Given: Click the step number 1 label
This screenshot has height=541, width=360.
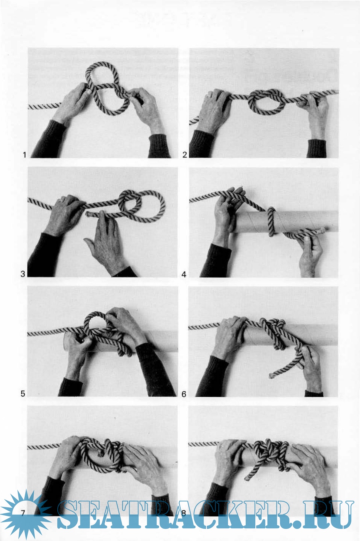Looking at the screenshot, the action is pyautogui.click(x=24, y=154).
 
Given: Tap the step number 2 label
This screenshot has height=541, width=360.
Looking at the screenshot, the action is pyautogui.click(x=185, y=154).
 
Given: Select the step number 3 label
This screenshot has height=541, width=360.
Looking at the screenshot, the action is pyautogui.click(x=23, y=274).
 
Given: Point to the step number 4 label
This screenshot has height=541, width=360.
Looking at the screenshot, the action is pyautogui.click(x=184, y=275).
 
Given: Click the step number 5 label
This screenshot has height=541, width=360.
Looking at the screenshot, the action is pyautogui.click(x=23, y=394).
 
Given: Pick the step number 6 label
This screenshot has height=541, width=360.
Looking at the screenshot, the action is pyautogui.click(x=184, y=394).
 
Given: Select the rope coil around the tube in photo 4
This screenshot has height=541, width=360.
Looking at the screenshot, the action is pyautogui.click(x=271, y=221).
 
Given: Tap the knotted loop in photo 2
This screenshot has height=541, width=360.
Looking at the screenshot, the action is pyautogui.click(x=266, y=101).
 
